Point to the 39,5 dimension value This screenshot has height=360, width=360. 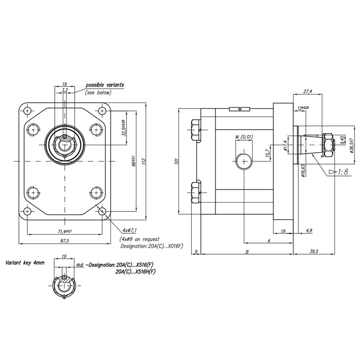[314, 252]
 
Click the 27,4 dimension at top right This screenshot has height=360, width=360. [307, 91]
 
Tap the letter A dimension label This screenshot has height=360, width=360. [268, 241]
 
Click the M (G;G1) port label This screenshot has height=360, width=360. [243, 136]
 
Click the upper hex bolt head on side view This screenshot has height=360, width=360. [196, 130]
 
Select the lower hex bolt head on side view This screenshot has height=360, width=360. [196, 192]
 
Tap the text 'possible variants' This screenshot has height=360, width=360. [105, 85]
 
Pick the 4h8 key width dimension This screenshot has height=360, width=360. [80, 265]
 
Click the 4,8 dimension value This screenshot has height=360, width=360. [309, 231]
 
